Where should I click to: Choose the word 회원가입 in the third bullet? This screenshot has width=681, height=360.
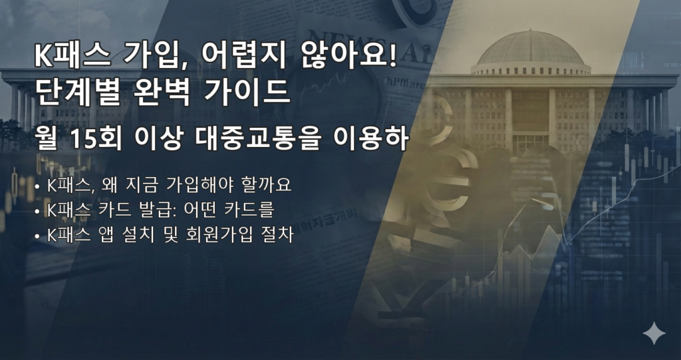(x=213, y=235)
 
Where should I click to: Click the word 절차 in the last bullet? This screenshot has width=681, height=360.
(x=278, y=235)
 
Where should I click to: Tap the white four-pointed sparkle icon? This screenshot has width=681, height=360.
(x=654, y=333)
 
